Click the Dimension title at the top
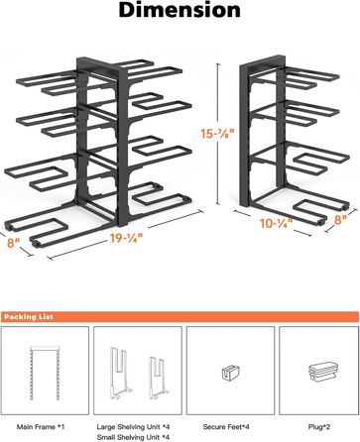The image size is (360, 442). (x=180, y=10)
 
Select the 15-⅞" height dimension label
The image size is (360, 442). (x=217, y=134)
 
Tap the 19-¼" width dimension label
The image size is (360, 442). (x=127, y=238)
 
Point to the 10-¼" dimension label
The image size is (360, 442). (x=277, y=223)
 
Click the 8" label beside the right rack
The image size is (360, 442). (x=340, y=220)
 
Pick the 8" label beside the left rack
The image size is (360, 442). (x=14, y=243)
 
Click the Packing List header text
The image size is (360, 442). (x=29, y=317)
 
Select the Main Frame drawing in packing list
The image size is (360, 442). (x=45, y=373)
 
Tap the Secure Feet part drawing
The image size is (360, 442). (x=231, y=373)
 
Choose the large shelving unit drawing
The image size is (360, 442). (x=119, y=372)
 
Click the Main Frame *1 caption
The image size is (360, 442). (x=41, y=427)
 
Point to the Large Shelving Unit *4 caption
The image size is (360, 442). (x=133, y=427)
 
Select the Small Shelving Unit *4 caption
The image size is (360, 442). (x=133, y=437)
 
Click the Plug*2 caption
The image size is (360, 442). (x=319, y=427)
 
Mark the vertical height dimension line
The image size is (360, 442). (x=217, y=134)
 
